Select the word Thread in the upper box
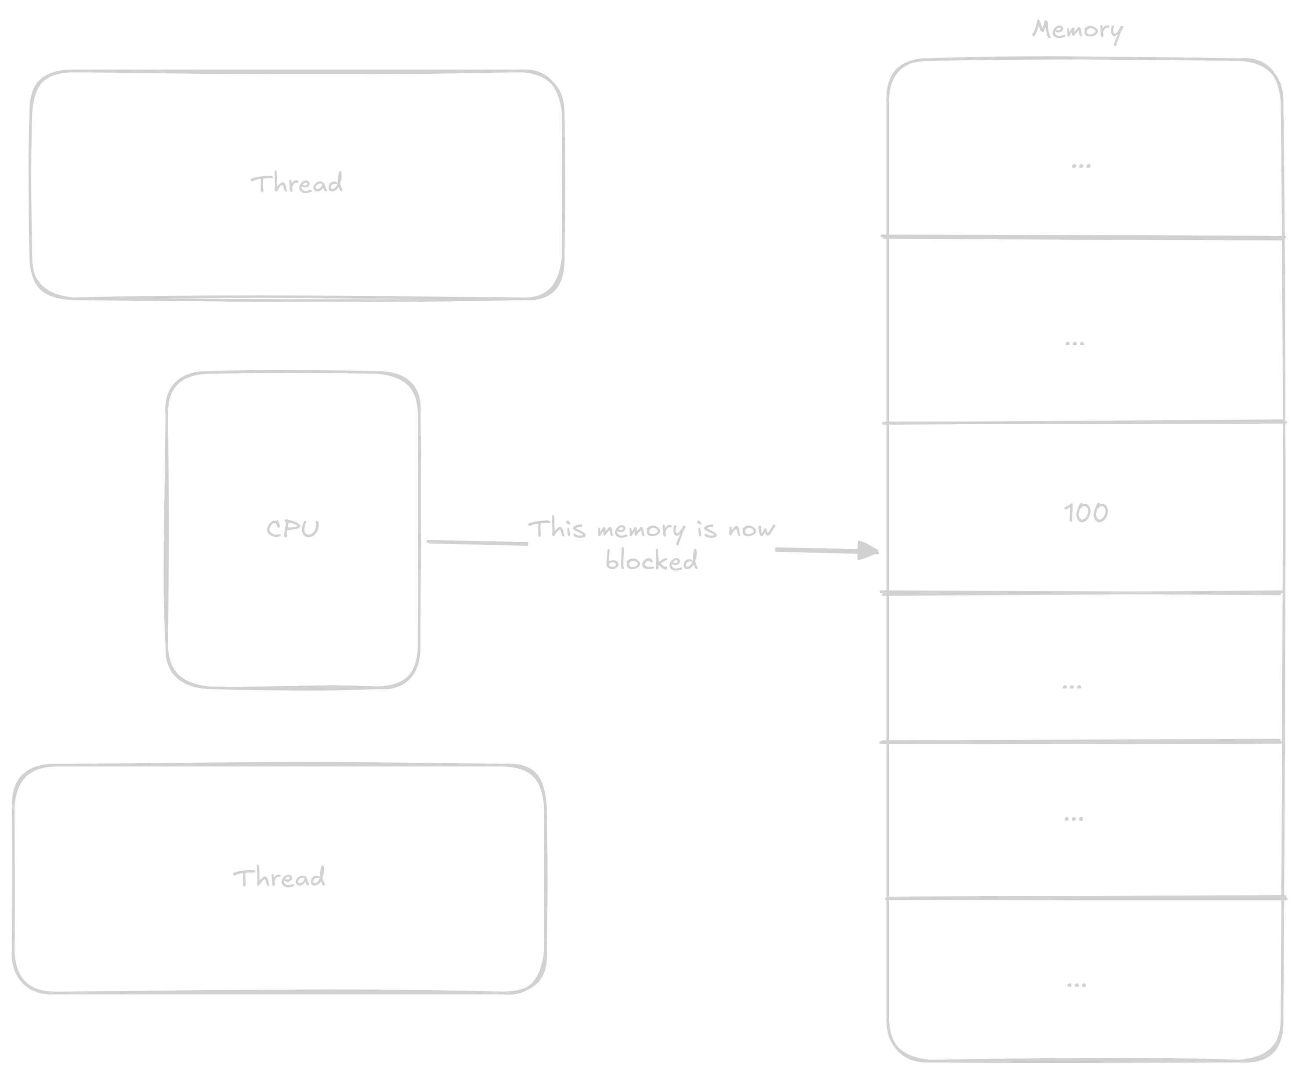point(297,184)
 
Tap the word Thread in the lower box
point(279,877)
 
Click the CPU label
point(293,529)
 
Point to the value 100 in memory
point(1086,513)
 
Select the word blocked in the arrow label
point(651,561)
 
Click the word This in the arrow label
point(557,529)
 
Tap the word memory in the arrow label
point(641,530)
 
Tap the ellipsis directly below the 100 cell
point(1071,686)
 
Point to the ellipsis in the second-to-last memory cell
point(1073,818)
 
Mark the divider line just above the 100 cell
point(1082,422)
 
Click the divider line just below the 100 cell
point(1082,593)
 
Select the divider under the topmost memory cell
point(1082,237)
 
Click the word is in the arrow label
point(706,529)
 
